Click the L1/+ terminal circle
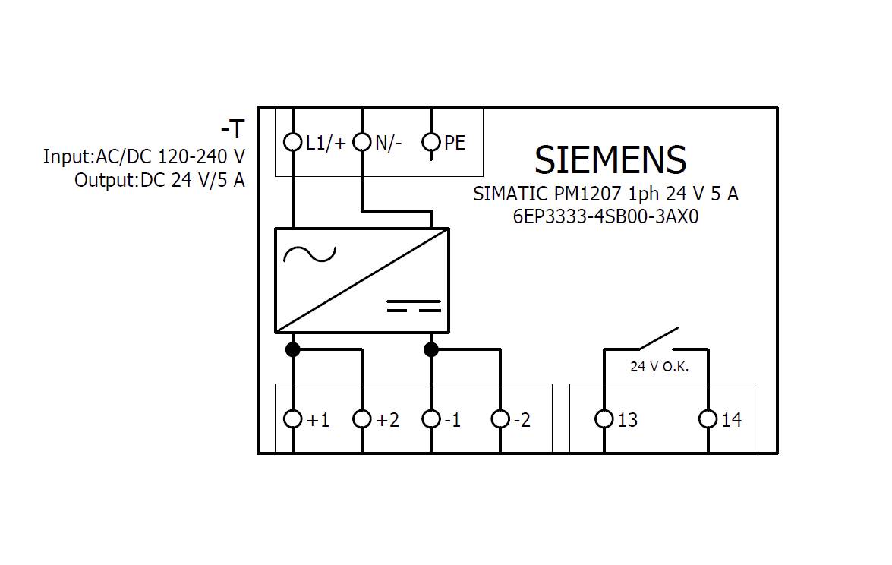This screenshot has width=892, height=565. point(292,142)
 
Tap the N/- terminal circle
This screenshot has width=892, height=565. point(362,142)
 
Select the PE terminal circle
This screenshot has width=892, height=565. point(431,142)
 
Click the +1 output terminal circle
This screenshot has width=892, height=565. point(292,419)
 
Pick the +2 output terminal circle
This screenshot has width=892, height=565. point(362,419)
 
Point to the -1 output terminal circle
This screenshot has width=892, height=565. point(431,419)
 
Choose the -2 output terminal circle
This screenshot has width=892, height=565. point(500,419)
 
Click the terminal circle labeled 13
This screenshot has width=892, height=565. point(604,419)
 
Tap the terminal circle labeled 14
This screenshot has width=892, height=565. point(708,419)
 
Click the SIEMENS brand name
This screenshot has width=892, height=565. point(610,160)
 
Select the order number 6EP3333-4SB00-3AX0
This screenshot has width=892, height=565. point(605,216)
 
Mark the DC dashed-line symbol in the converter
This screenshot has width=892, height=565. point(414,306)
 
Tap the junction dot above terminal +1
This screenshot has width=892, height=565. point(292,349)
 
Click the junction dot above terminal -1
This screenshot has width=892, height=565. point(431,349)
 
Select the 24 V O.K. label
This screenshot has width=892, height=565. point(659,367)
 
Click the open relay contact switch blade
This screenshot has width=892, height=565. point(657,339)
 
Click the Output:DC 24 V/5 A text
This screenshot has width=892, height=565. point(159,181)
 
